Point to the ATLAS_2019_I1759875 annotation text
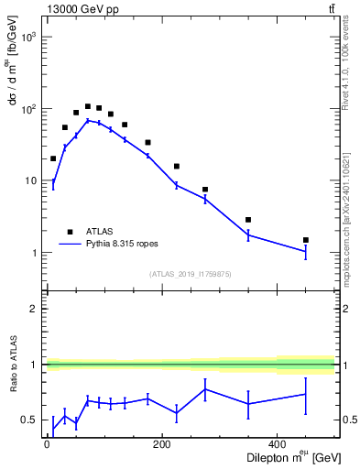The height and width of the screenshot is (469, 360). point(191,273)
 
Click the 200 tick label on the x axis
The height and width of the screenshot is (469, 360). point(162,444)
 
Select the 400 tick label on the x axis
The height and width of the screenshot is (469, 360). point(278,444)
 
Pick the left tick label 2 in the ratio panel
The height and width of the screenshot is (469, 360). point(35,309)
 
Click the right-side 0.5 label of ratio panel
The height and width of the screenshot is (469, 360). point(346,420)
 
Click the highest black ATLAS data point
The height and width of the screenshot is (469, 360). point(88,106)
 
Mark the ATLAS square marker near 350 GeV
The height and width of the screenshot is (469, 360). point(248,220)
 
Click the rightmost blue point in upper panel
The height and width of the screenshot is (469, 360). point(306,251)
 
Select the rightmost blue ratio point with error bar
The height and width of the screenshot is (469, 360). point(306,394)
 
